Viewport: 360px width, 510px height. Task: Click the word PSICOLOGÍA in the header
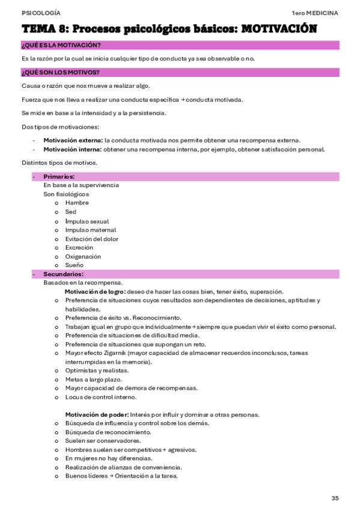40,13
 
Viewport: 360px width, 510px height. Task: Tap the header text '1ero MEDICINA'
315,13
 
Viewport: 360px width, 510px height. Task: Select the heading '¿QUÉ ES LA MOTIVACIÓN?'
61,46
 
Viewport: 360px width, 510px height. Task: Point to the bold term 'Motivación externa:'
73,140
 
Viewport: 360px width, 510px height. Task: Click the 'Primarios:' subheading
59,176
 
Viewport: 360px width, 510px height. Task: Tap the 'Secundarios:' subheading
63,274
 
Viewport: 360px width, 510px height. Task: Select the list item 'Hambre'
77,203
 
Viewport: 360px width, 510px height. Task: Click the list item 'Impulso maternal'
91,230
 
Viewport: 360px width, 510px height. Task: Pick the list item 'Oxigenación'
83,256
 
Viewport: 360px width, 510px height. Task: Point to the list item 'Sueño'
75,265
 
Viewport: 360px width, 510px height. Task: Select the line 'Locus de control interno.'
100,397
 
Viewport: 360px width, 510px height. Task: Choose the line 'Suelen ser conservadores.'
103,441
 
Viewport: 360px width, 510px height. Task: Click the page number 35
335,498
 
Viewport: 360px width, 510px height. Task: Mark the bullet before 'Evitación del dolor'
56,239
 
